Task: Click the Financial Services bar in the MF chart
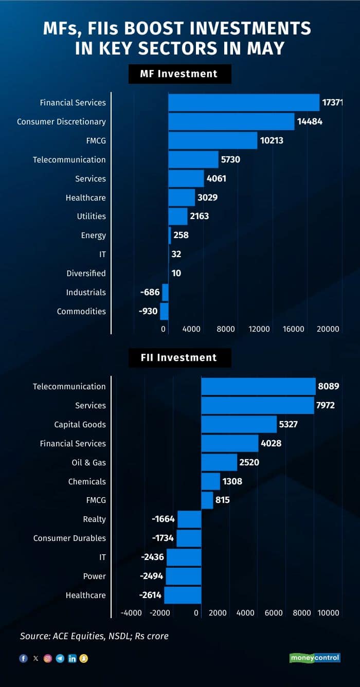point(244,102)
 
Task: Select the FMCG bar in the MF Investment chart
point(212,140)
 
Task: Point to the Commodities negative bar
point(164,312)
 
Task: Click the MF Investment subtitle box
point(179,74)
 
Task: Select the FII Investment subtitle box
point(179,358)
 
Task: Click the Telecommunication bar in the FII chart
point(258,386)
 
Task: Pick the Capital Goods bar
point(239,424)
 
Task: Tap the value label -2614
point(151,595)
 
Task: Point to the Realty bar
point(189,519)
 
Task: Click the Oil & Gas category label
point(88,462)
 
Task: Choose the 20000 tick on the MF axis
point(328,329)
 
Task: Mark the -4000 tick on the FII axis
point(131,613)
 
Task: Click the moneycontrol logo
point(315,658)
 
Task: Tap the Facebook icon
point(23,658)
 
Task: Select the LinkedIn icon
point(72,658)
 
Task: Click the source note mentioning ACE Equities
point(94,636)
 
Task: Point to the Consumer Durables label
point(69,538)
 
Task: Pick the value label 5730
point(230,160)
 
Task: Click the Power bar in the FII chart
point(183,576)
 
